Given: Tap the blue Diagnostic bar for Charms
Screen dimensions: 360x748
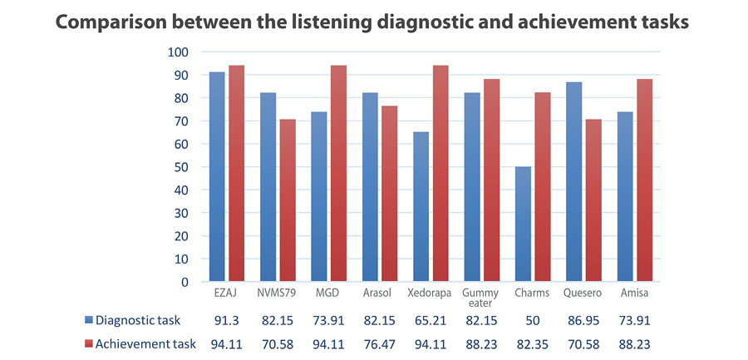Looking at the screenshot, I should point(523,224).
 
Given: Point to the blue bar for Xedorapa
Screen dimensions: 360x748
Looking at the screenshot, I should point(421,207).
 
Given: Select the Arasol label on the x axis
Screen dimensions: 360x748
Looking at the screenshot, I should point(378,293).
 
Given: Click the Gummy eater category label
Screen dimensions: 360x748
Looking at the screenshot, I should point(480,298).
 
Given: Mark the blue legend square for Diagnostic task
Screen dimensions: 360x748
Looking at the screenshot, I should point(90,320).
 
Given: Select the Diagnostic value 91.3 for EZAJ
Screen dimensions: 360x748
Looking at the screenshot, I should point(226,320).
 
